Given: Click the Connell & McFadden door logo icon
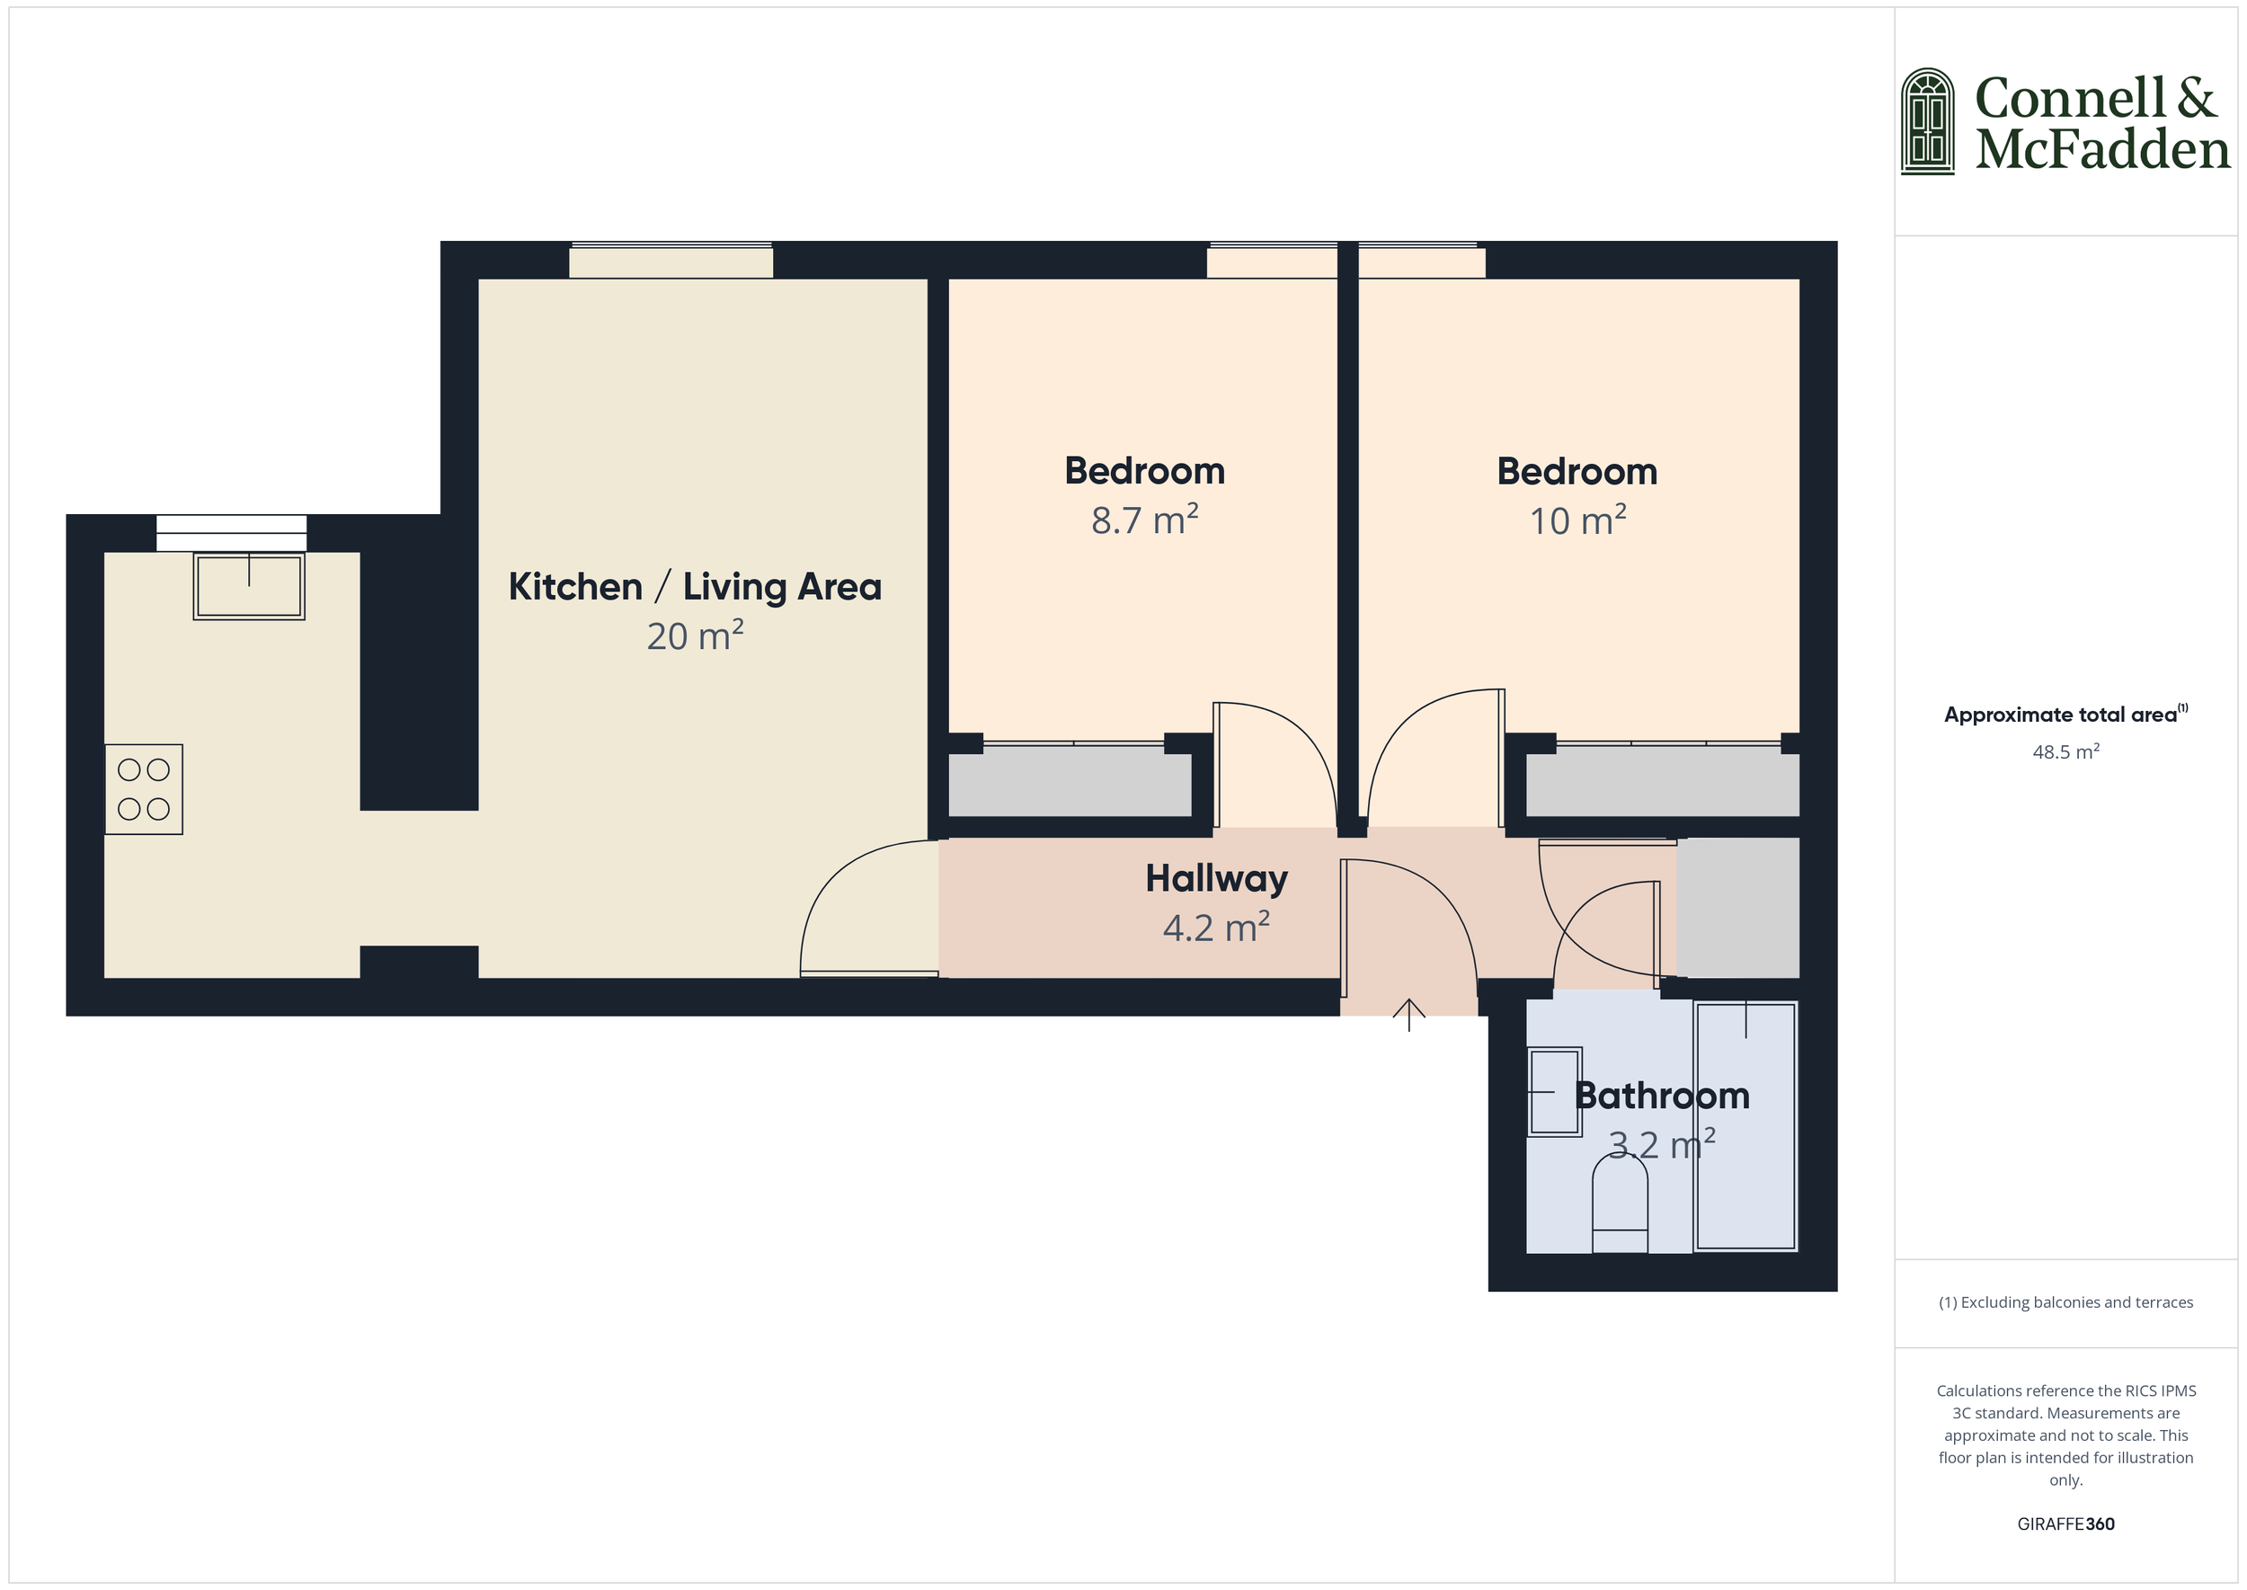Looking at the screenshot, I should point(1927,122).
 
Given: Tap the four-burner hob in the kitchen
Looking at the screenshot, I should point(144,789).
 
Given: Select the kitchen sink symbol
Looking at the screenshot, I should point(249,586).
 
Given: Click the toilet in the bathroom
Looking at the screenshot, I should point(1620,1204).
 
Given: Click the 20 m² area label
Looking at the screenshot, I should point(695,636).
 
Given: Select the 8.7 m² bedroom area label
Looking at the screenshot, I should point(1144,520).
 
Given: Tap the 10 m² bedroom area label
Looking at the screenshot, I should point(1577,521).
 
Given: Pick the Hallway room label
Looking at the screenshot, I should point(1216,879).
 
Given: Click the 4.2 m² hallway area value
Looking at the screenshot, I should point(1216,928).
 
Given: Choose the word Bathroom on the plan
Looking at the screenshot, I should point(1662,1096).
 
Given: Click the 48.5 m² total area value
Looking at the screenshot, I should point(2065,752).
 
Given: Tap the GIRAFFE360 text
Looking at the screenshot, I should point(2065,1523).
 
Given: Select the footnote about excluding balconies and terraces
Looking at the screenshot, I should point(2065,1302).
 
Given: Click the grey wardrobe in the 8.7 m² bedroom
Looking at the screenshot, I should point(1070,782).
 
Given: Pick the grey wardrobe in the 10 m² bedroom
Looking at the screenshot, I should point(1663,782).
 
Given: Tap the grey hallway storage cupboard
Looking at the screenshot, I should point(1738,907).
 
